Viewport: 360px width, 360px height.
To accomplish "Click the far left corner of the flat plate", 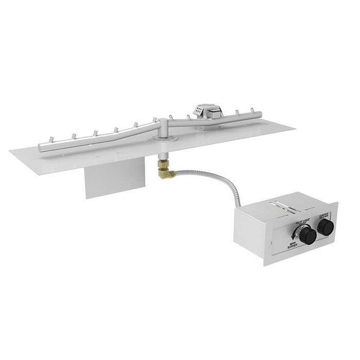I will click(x=10, y=150).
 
